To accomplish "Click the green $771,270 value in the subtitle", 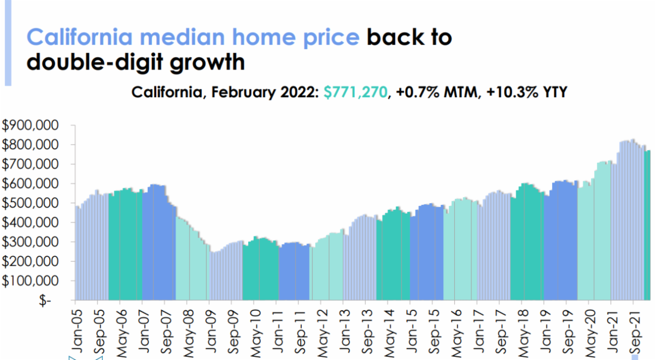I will (x=355, y=92).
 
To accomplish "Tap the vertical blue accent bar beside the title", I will (x=8, y=43).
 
